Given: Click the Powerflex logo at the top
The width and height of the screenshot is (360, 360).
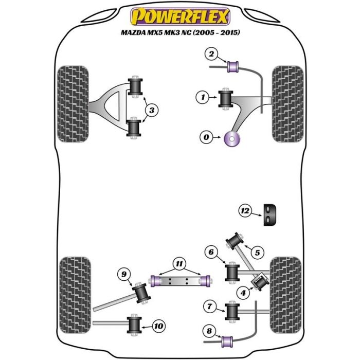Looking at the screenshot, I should pyautogui.click(x=179, y=17).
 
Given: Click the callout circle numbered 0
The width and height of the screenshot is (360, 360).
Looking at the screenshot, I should pyautogui.click(x=206, y=137).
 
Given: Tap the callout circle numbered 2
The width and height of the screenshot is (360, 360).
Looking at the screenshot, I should pyautogui.click(x=211, y=53).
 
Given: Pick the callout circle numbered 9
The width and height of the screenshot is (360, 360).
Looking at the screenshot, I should pyautogui.click(x=123, y=275).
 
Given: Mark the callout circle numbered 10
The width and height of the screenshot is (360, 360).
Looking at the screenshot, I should pyautogui.click(x=158, y=326).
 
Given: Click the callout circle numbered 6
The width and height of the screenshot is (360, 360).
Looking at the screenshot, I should pyautogui.click(x=210, y=252).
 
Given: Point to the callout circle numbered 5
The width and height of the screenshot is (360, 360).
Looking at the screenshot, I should pyautogui.click(x=257, y=252).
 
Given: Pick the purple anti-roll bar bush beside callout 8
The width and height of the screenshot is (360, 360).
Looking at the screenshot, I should pyautogui.click(x=227, y=340).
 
